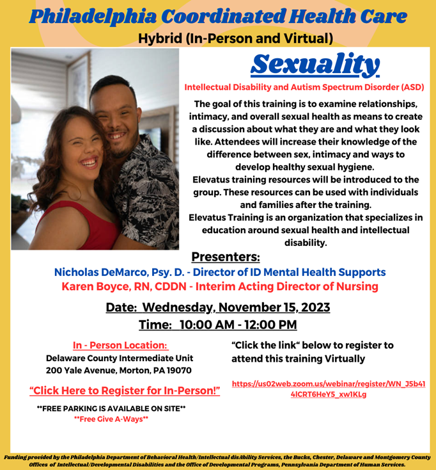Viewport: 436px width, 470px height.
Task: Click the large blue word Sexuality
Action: click(315, 65)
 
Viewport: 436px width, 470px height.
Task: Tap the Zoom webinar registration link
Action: click(329, 389)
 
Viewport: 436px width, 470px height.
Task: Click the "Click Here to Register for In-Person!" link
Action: click(125, 391)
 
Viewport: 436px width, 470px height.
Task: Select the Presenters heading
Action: click(226, 257)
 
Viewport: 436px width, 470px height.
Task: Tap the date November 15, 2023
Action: click(274, 307)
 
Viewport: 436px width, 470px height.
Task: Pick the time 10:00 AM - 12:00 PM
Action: click(238, 325)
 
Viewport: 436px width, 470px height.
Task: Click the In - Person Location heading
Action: click(120, 345)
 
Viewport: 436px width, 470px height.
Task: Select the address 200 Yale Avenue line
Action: click(119, 371)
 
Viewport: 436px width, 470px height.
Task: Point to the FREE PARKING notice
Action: click(111, 409)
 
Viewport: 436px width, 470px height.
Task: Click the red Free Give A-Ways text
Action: click(111, 419)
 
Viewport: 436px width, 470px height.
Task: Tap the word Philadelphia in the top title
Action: click(93, 17)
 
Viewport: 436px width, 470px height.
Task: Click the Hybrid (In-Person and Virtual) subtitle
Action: click(235, 38)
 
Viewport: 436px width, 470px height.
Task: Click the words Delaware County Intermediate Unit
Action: click(120, 358)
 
